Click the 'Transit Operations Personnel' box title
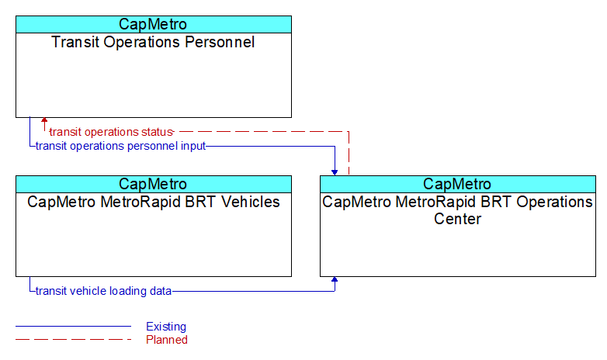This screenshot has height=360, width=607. point(153,42)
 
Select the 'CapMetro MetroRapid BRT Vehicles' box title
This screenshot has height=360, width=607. point(153,202)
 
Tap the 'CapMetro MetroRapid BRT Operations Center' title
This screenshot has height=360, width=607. point(457,210)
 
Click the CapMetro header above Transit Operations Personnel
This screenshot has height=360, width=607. point(153,24)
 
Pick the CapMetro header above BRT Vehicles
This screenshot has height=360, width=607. point(153,184)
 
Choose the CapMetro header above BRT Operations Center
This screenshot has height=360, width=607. point(457,184)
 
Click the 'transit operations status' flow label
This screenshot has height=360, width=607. point(111,132)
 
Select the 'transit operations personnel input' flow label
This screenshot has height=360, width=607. point(120,147)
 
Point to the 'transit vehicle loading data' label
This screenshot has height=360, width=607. point(103,291)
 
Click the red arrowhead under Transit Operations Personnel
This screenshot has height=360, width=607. point(44,120)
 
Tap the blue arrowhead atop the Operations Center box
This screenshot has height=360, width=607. point(335,173)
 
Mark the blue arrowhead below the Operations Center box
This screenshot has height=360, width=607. point(335,279)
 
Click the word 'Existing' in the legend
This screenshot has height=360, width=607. point(166,327)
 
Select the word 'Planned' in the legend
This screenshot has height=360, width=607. point(167,340)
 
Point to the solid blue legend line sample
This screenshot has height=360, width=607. point(74,327)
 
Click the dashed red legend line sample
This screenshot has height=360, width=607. point(74,340)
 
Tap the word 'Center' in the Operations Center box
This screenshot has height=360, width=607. point(457,219)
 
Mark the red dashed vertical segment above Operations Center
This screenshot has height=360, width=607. point(349,154)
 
